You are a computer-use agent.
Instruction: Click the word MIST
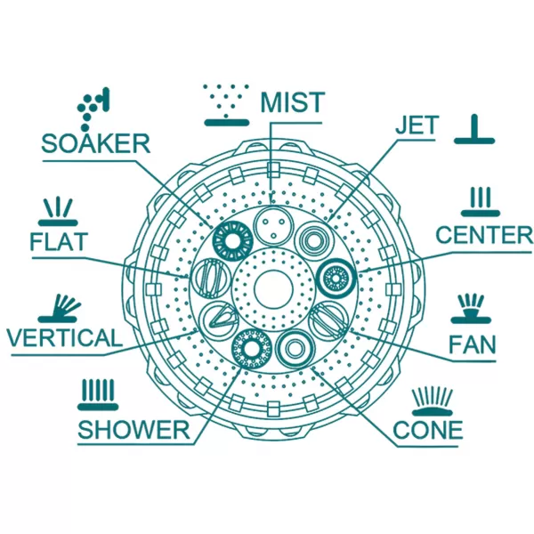291,102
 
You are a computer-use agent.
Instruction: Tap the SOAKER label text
96,143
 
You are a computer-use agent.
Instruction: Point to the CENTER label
484,235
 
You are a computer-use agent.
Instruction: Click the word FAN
472,344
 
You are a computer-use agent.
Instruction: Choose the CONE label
428,430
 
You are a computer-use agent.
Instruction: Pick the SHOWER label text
133,430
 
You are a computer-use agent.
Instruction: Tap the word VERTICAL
64,337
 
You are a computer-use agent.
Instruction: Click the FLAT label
59,241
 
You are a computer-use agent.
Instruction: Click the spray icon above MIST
226,105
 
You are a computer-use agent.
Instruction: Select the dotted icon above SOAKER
93,109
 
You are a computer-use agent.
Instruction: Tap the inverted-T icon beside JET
474,129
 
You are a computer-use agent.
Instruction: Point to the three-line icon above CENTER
481,202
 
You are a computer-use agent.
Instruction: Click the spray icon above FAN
471,309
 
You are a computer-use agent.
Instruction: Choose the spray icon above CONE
433,402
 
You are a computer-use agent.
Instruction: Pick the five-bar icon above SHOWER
98,395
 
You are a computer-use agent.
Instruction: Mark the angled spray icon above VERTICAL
59,309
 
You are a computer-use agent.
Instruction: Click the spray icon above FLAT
58,212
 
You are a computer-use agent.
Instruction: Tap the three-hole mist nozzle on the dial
273,226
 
